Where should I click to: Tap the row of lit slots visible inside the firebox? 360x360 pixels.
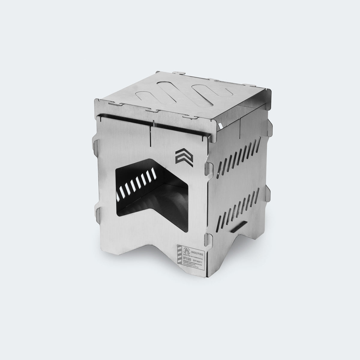click(x=136, y=183)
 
